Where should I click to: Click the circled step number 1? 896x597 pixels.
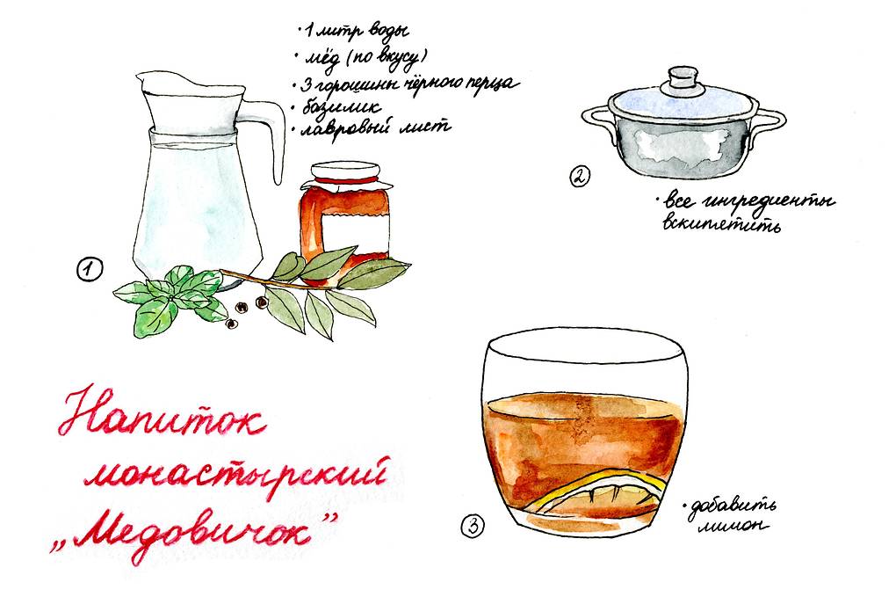[90, 269]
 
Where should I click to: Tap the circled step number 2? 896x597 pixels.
[579, 176]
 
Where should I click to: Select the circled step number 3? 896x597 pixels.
[473, 526]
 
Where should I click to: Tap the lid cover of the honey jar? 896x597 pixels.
[346, 175]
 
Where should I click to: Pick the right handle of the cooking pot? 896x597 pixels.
[769, 123]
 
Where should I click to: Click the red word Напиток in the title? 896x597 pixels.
[162, 411]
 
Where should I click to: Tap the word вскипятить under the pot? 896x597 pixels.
[722, 223]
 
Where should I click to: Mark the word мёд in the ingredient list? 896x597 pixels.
[322, 60]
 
